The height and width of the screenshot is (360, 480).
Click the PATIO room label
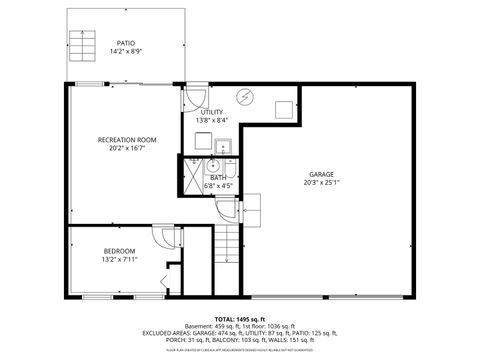(126, 43)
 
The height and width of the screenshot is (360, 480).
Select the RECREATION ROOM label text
(128, 139)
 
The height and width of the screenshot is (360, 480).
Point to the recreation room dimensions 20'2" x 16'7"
(128, 148)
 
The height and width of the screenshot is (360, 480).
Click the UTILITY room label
(212, 112)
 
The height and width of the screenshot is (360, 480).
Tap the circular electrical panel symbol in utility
(246, 96)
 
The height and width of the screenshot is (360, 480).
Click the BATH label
(218, 177)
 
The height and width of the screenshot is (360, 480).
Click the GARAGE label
(321, 174)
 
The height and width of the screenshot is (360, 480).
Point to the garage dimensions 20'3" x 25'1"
(321, 183)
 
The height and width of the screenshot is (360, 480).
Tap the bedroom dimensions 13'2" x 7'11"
(119, 259)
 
